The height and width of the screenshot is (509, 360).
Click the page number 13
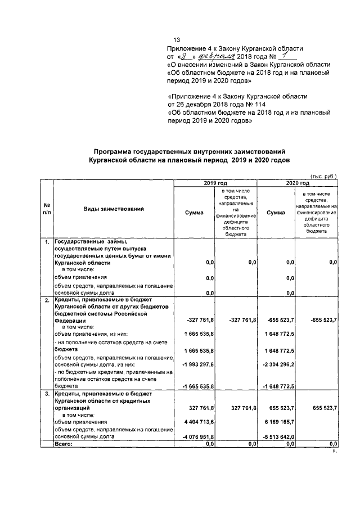pyautogui.click(x=177, y=40)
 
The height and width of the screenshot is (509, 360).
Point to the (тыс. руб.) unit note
pyautogui.click(x=323, y=175)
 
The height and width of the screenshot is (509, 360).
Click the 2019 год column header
pyautogui.click(x=215, y=183)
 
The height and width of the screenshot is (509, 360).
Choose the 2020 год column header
pyautogui.click(x=297, y=183)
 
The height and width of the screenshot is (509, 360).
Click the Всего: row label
pyautogui.click(x=64, y=444)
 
